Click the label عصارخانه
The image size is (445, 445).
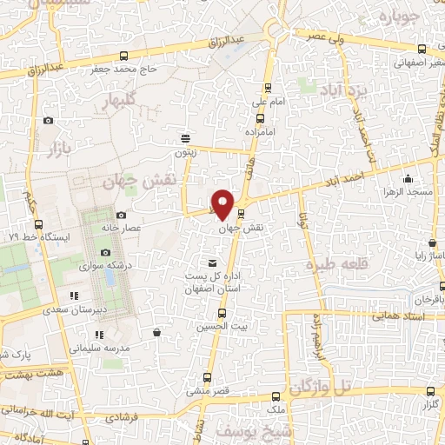(156, 223)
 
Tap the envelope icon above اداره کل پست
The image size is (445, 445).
(213, 263)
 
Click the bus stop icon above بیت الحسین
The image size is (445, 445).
(222, 312)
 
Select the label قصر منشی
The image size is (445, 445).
(212, 391)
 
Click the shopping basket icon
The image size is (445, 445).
(156, 332)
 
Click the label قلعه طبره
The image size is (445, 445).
(333, 262)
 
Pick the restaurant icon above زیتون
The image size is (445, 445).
(184, 138)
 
